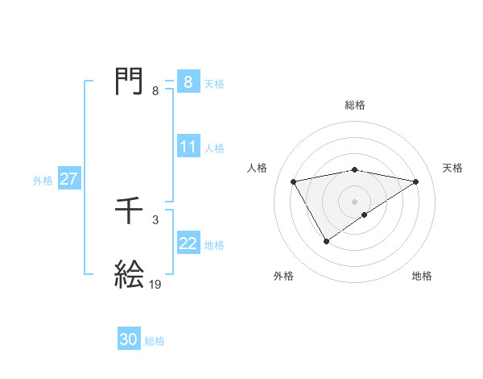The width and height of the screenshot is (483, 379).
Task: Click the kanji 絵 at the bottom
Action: [x=130, y=275]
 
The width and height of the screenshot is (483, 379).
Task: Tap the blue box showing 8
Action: [x=188, y=82]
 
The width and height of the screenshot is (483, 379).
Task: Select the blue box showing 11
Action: [x=188, y=148]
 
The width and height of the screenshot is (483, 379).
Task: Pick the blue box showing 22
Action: [x=188, y=244]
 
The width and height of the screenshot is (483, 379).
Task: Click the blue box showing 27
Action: [x=68, y=180]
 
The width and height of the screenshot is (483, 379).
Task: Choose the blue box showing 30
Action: [x=129, y=340]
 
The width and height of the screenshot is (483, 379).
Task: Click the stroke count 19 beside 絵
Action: [x=155, y=284]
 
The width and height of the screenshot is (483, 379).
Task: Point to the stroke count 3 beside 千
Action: [x=155, y=220]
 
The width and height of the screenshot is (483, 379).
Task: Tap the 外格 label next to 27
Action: [x=43, y=181]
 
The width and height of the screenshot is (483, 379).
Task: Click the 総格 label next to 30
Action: [x=155, y=341]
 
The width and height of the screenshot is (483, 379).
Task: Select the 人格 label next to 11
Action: [x=214, y=148]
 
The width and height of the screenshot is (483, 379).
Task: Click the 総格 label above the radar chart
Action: [x=354, y=105]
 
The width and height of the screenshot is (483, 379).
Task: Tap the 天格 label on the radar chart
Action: [x=452, y=168]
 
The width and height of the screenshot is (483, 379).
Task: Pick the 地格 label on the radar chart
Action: [x=422, y=276]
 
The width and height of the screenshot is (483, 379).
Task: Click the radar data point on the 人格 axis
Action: [x=294, y=181]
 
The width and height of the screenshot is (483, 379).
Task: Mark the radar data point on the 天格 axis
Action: [x=415, y=181]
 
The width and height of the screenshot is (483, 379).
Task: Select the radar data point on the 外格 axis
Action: [x=326, y=240]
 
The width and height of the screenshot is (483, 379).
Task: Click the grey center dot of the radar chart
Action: [x=354, y=201]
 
